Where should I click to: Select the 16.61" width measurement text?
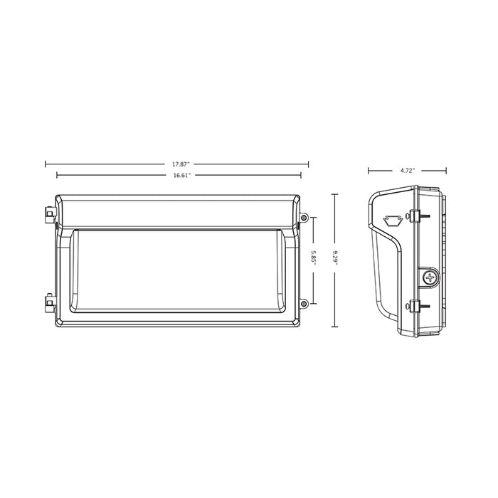(181, 174)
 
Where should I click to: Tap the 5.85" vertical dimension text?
(313, 258)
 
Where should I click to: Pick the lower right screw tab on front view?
(304, 304)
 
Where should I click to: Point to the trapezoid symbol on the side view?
(391, 219)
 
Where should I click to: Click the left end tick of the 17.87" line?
(46, 164)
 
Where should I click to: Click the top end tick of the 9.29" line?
(337, 193)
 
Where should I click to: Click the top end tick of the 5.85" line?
(313, 216)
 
